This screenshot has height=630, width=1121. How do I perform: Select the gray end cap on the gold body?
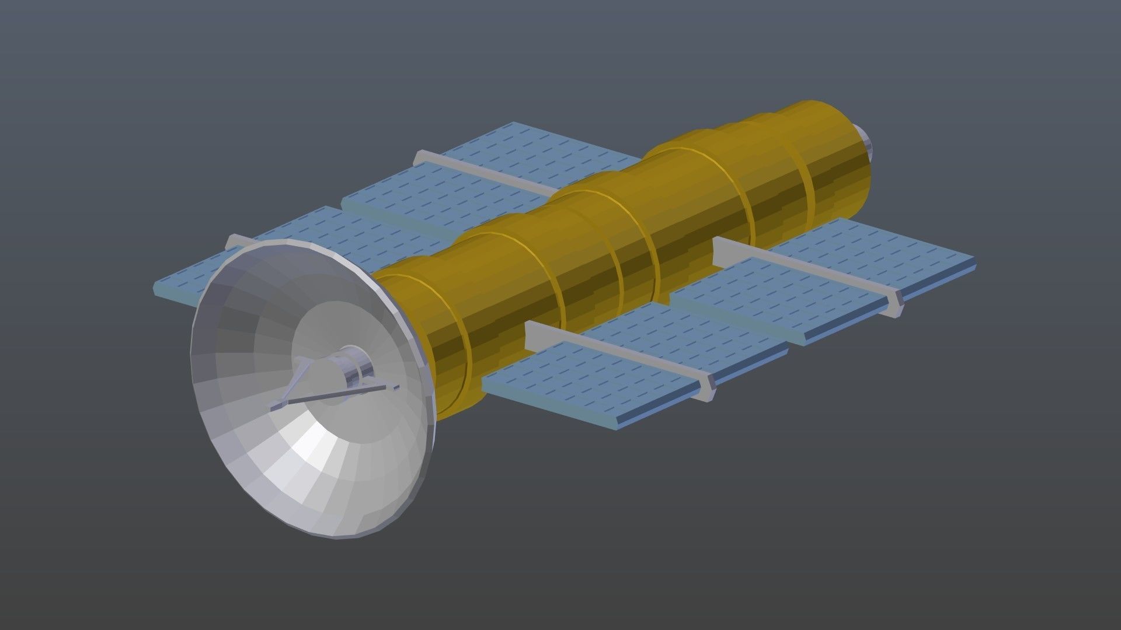coord(865,143)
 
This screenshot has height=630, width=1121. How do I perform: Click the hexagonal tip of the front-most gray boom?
coord(706,388)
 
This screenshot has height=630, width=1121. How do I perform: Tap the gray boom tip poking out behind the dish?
coord(234,241)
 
